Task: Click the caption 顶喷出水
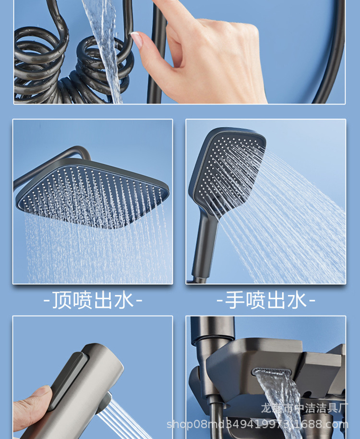[93, 301]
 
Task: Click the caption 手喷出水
[266, 301]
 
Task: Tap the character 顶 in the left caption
[61, 301]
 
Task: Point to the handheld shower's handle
[204, 250]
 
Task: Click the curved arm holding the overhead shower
[53, 161]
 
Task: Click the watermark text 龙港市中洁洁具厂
[311, 408]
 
